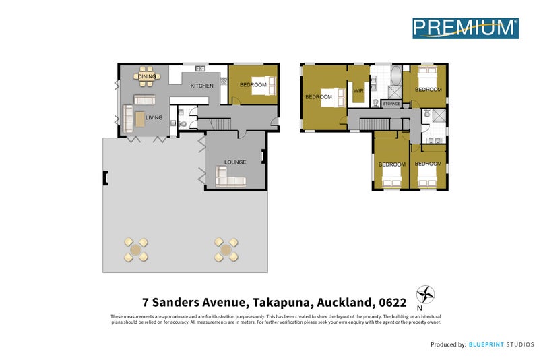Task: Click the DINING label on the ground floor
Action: pyautogui.click(x=147, y=77)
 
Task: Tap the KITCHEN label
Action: pyautogui.click(x=201, y=86)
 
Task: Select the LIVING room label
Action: pyautogui.click(x=154, y=118)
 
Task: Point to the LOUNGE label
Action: pyautogui.click(x=236, y=162)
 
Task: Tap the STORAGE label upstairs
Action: pyautogui.click(x=391, y=104)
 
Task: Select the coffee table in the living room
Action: pyautogui.click(x=139, y=119)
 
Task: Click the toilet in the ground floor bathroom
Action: pyautogui.click(x=173, y=124)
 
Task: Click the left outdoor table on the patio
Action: pyautogui.click(x=137, y=250)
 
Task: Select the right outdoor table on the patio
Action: pyautogui.click(x=226, y=250)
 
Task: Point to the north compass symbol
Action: pyautogui.click(x=425, y=295)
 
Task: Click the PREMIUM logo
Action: pyautogui.click(x=465, y=27)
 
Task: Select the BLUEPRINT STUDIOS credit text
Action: pyautogui.click(x=499, y=344)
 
